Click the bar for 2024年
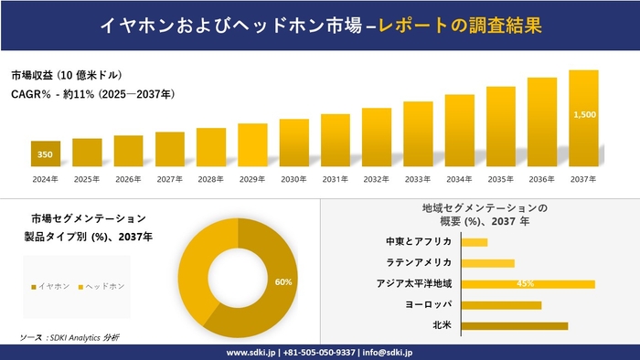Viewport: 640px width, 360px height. (x=45, y=154)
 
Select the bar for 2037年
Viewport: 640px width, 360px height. (x=583, y=119)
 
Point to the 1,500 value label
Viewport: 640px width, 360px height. (x=584, y=115)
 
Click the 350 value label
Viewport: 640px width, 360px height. (x=45, y=154)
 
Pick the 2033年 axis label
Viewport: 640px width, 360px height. (x=418, y=179)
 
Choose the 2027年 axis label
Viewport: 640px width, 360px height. (x=170, y=179)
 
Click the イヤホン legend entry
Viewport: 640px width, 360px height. (x=50, y=286)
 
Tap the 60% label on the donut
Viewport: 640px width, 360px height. (x=283, y=282)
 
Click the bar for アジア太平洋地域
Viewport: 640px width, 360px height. (x=528, y=283)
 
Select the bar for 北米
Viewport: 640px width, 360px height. (x=514, y=325)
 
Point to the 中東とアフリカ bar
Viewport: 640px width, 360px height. (x=474, y=242)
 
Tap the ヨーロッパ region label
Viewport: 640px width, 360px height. (x=427, y=304)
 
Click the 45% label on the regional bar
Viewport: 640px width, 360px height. (x=525, y=283)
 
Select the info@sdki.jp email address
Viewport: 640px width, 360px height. (x=388, y=352)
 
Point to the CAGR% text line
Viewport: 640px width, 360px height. (x=92, y=94)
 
